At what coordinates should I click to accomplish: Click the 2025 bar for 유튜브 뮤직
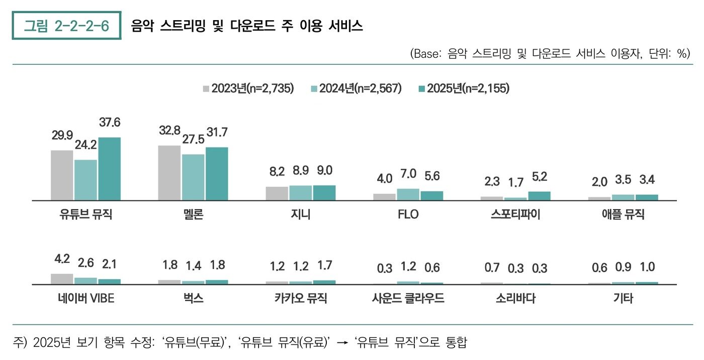point(109,169)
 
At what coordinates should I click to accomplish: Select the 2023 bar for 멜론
point(169,173)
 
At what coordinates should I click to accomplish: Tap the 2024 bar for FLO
point(408,195)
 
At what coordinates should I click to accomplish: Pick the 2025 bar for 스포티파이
point(539,196)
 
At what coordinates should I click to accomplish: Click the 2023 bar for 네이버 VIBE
point(62,279)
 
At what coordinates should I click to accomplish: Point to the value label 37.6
point(110,123)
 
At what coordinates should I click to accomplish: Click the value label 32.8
point(169,130)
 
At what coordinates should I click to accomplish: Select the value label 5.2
point(540,177)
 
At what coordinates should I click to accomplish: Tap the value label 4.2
point(62,259)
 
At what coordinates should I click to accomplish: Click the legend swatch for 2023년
point(206,89)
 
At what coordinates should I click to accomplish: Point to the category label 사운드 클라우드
point(408,299)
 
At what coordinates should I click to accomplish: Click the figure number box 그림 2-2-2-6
point(67,26)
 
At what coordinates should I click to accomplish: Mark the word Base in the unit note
point(427,54)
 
